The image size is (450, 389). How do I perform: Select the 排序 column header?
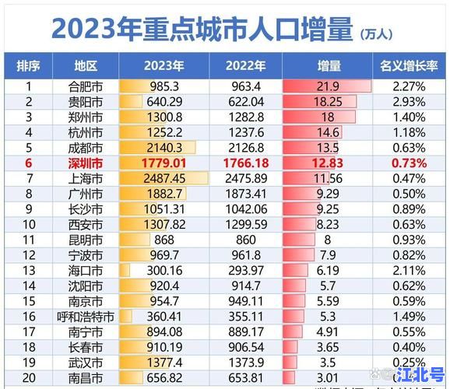[x=29, y=66]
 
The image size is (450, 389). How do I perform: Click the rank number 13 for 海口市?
[x=29, y=269]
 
